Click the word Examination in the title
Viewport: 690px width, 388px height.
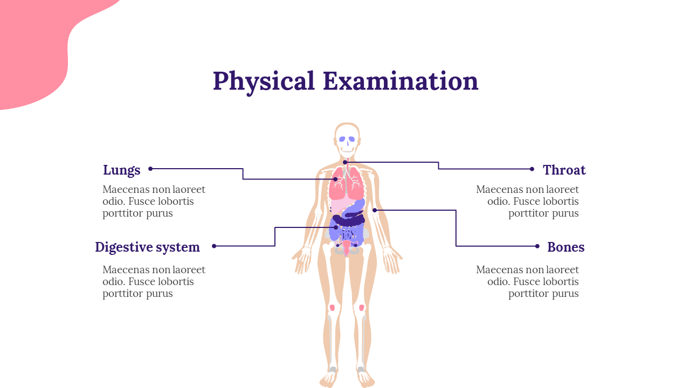[401, 81]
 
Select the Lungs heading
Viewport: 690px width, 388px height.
[122, 170]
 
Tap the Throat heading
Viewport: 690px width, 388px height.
[564, 170]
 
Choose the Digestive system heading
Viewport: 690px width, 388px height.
[147, 247]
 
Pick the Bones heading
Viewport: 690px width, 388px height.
[565, 247]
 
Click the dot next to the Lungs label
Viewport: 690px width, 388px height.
[150, 169]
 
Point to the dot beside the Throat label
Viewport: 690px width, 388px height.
[532, 169]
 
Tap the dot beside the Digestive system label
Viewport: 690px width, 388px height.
[214, 246]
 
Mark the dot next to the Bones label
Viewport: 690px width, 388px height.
[537, 246]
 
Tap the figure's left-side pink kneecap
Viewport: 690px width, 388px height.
[332, 308]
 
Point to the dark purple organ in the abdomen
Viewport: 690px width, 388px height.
[348, 220]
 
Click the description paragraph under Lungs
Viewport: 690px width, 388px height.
[154, 202]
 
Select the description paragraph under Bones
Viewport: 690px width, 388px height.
[527, 282]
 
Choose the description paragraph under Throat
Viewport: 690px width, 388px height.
[527, 202]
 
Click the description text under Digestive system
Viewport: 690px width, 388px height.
[154, 282]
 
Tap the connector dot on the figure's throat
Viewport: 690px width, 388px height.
[345, 162]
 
